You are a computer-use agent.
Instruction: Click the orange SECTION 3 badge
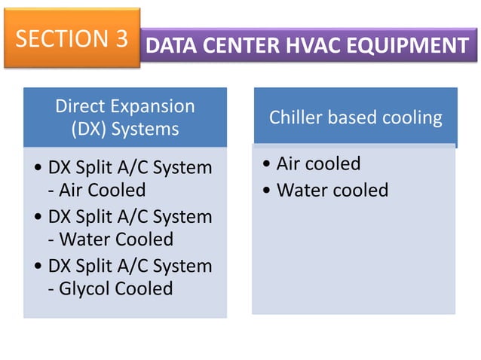pos(72,39)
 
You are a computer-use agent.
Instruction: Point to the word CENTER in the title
pos(242,46)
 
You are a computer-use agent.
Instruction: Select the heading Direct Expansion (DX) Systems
pos(125,117)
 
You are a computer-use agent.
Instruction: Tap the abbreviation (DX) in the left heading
pos(89,128)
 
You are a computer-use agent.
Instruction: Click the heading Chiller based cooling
pos(355,117)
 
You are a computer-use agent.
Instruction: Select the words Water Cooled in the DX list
pos(110,239)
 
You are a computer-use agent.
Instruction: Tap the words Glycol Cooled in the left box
pos(110,288)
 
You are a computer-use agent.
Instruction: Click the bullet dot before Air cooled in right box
pos(268,164)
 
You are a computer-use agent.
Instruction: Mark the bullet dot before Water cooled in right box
pos(268,191)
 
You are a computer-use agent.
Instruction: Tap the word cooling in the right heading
pos(412,117)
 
